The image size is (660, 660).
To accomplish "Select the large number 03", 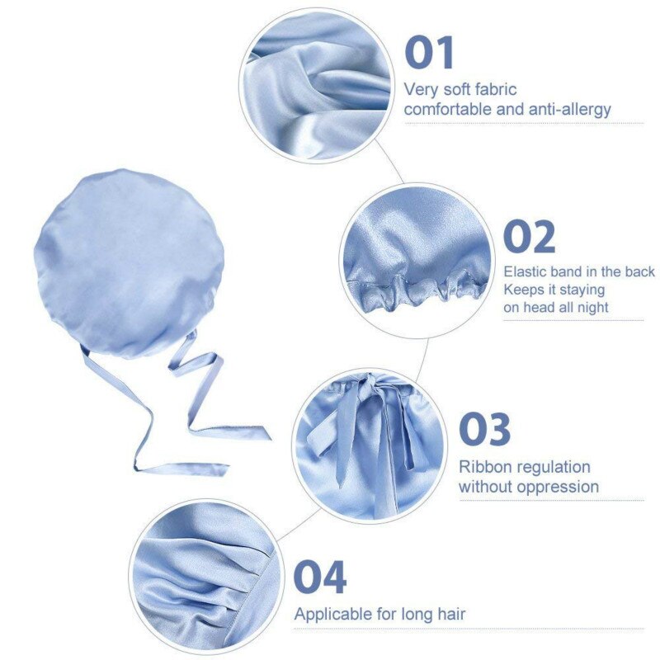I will [484, 429].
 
